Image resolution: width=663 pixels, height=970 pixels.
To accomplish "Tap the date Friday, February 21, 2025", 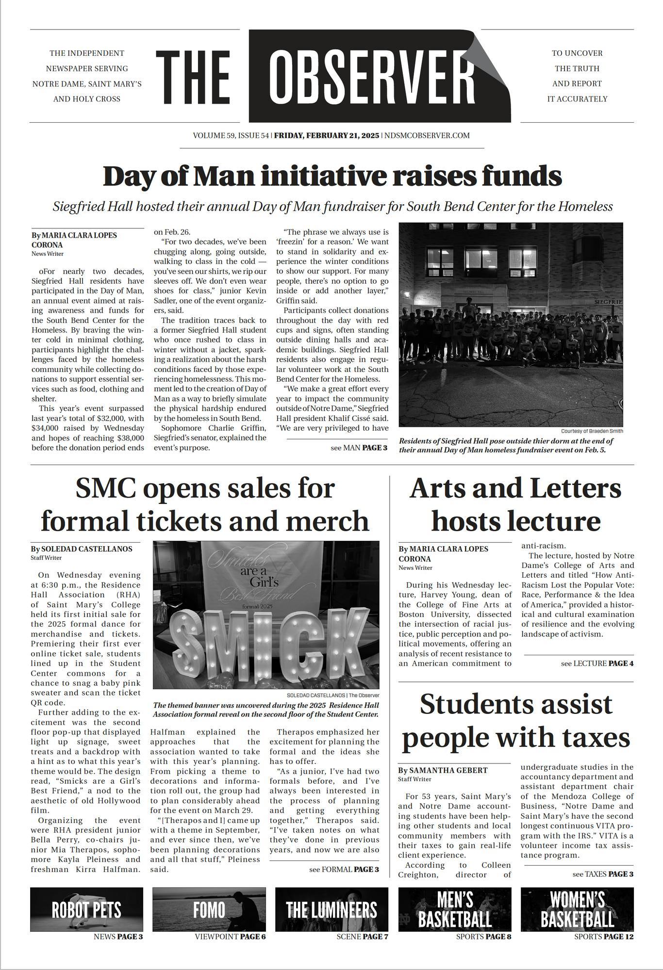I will [x=327, y=136].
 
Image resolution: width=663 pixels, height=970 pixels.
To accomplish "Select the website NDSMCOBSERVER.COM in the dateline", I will [x=427, y=136].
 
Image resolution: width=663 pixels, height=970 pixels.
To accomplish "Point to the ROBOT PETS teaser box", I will [x=86, y=909].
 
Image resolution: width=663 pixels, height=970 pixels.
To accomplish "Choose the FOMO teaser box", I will [x=209, y=909].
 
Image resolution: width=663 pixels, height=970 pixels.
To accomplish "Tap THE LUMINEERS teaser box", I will [x=331, y=909].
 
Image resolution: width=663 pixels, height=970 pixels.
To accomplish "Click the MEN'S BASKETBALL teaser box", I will [x=455, y=909].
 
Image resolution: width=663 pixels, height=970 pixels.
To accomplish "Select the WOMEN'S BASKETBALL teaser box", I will [x=577, y=909].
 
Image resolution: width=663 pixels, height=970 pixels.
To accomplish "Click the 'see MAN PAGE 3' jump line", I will [x=359, y=448].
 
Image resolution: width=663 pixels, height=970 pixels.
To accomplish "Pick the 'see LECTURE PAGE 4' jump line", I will [x=597, y=663].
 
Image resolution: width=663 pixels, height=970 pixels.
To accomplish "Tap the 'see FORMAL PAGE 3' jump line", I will [x=344, y=870].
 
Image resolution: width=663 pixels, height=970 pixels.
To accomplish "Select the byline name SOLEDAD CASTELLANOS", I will [x=86, y=549].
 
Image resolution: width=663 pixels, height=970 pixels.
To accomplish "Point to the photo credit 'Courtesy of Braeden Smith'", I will [x=592, y=431].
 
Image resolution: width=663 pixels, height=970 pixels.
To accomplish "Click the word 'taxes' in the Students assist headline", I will [x=597, y=739].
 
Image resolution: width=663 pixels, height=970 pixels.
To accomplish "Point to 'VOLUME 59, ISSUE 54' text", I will [x=231, y=136].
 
